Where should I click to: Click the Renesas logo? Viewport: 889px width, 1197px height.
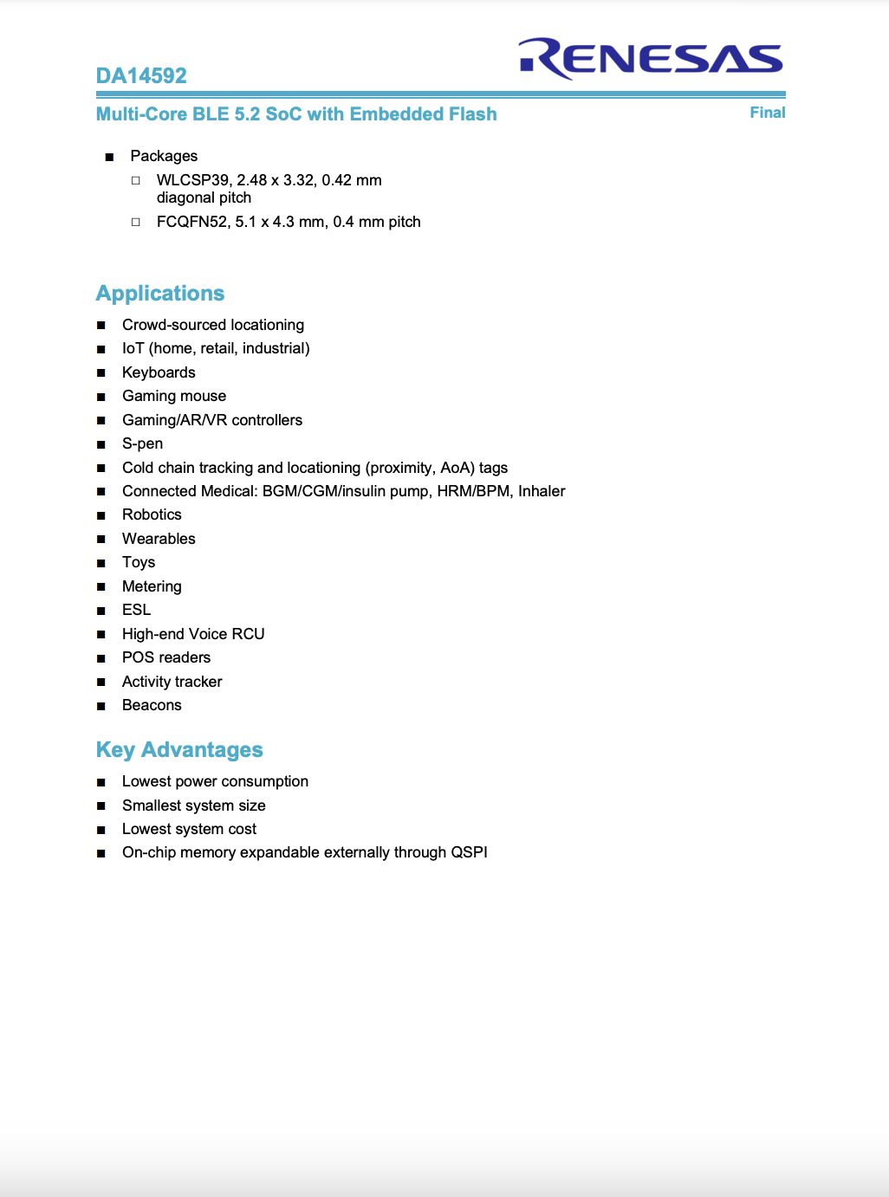(651, 59)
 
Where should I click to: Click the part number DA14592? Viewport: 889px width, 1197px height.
(141, 75)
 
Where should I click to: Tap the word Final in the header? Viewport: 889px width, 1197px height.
(767, 113)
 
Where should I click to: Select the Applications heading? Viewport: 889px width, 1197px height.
(160, 294)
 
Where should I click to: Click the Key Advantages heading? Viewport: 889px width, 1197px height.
(179, 750)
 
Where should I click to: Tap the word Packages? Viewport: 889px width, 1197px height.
(164, 156)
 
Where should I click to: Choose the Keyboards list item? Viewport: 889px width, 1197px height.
(159, 372)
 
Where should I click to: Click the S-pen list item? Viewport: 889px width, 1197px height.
(142, 443)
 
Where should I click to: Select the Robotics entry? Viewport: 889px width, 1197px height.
(152, 514)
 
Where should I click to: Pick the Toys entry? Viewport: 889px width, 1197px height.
(139, 562)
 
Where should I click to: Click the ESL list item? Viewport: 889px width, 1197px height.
(136, 610)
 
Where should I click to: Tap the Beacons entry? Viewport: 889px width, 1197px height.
(152, 705)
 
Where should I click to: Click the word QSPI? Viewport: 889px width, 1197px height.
(469, 852)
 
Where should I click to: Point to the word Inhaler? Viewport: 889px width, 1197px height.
(542, 491)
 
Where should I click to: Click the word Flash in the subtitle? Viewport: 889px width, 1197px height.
(472, 114)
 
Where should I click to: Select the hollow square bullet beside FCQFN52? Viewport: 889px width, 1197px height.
(136, 222)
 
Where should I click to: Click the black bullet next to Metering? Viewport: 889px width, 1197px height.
(101, 586)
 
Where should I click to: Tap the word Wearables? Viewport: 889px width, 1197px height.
(159, 539)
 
